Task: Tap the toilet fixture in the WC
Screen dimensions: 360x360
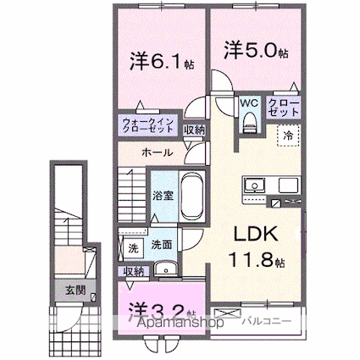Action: click(x=248, y=123)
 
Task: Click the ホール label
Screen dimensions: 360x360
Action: click(x=158, y=153)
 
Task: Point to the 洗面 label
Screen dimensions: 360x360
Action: click(x=162, y=245)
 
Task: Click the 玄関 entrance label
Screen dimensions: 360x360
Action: click(x=75, y=290)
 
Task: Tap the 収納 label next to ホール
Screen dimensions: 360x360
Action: click(x=193, y=130)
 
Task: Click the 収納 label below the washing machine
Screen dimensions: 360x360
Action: click(x=133, y=271)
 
